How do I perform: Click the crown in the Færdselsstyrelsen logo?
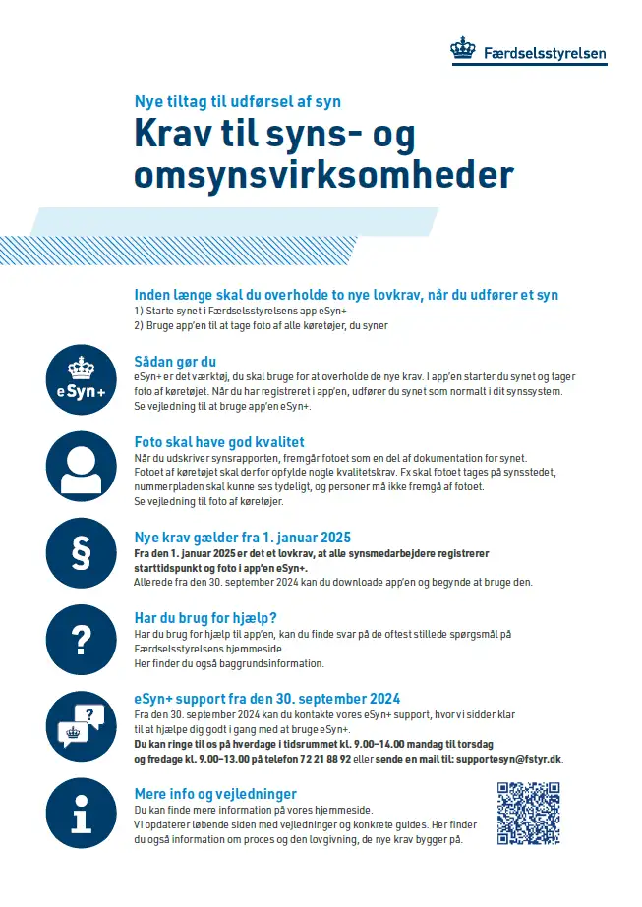[x=462, y=48]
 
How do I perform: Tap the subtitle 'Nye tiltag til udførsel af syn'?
[x=237, y=101]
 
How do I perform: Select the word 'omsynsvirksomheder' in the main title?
[x=323, y=175]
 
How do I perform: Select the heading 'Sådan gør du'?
[x=175, y=361]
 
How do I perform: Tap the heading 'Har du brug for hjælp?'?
[x=205, y=618]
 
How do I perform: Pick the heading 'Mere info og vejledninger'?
[x=215, y=793]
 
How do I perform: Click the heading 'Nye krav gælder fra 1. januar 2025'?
[x=243, y=538]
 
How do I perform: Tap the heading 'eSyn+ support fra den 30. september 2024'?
[x=267, y=699]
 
